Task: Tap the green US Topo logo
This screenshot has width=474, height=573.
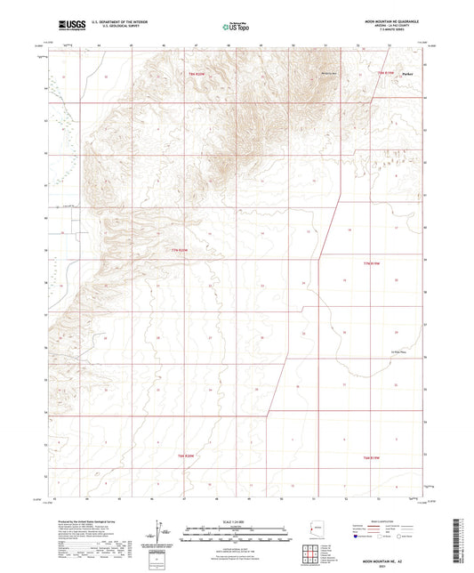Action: (234, 28)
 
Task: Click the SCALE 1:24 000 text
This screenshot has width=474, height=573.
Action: (236, 521)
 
